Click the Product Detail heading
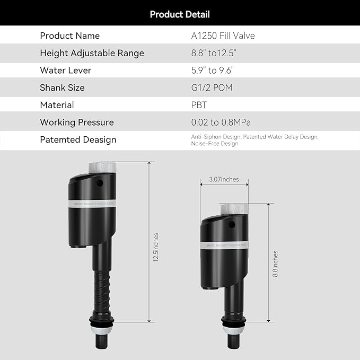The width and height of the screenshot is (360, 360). click(x=180, y=14)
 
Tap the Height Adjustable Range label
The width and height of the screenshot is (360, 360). click(x=92, y=53)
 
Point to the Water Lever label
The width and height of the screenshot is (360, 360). click(x=66, y=71)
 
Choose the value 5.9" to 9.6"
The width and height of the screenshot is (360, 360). click(x=213, y=71)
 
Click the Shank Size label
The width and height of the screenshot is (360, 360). click(x=62, y=87)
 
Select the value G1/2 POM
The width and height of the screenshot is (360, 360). click(x=212, y=87)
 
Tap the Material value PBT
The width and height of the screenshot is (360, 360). click(x=199, y=105)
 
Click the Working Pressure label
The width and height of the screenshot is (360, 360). click(x=77, y=122)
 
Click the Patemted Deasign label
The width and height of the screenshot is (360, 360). click(x=78, y=140)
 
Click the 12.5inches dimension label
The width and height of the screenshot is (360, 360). click(x=156, y=248)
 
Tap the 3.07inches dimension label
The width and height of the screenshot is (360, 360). click(x=223, y=179)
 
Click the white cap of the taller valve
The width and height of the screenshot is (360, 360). click(x=102, y=166)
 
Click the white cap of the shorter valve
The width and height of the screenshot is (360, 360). click(x=234, y=208)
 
